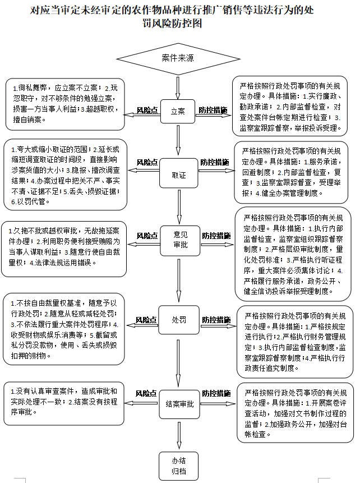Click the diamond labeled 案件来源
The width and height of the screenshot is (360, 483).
178,58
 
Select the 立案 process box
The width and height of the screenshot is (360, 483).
178,111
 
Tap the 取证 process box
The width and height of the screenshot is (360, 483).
178,176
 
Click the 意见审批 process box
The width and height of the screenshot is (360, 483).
178,240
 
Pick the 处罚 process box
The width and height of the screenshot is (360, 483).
178,320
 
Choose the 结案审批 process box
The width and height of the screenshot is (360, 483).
179,403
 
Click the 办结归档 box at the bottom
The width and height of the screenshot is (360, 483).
178,465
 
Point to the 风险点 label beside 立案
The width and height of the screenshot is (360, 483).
147,111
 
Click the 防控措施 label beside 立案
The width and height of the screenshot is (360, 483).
213,111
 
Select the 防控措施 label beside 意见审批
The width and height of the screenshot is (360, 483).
216,236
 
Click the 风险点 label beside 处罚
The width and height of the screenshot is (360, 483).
146,320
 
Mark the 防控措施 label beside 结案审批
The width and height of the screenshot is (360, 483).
216,393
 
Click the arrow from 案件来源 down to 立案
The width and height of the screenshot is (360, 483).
178,87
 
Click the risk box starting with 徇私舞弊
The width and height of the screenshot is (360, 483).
66,104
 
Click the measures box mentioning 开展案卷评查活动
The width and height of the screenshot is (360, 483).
295,413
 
